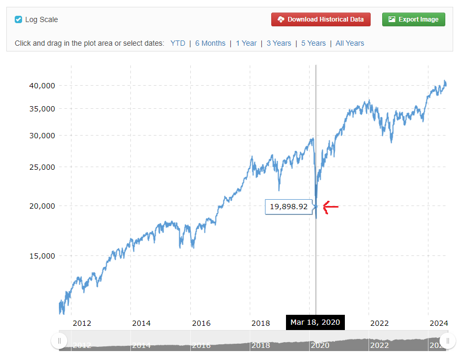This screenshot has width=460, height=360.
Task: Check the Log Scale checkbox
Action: [18, 19]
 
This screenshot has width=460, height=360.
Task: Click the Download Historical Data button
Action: [321, 19]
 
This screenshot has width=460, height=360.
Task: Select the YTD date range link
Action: [178, 43]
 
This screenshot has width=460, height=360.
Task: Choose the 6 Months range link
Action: [210, 43]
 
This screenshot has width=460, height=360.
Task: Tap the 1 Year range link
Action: [246, 43]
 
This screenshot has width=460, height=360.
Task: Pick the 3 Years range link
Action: [279, 43]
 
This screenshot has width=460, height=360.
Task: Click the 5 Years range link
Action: [313, 43]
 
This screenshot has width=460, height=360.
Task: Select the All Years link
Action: [350, 43]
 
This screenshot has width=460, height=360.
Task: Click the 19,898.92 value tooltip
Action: [289, 207]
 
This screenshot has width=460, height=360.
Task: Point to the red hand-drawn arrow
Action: [330, 208]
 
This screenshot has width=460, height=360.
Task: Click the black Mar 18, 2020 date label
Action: [315, 322]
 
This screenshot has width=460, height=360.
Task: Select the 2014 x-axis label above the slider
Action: [141, 323]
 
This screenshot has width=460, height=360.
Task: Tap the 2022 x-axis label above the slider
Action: [380, 323]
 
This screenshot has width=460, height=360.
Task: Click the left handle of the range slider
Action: [59, 341]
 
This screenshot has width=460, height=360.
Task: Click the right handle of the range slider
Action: [447, 341]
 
